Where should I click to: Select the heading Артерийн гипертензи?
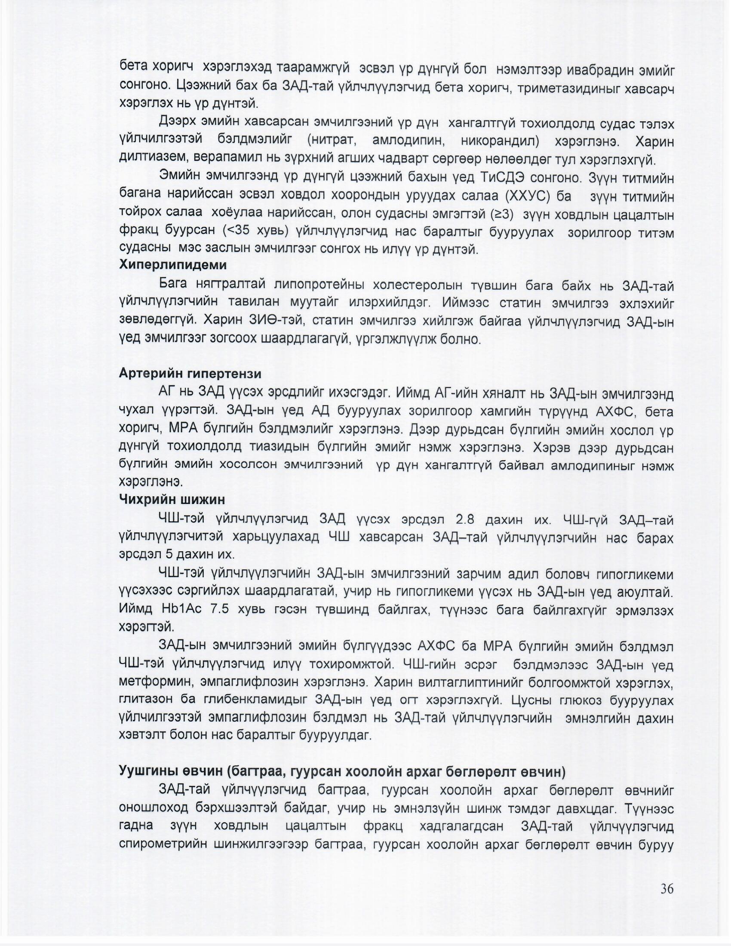tap(190, 373)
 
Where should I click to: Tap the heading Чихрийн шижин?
tap(172, 499)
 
